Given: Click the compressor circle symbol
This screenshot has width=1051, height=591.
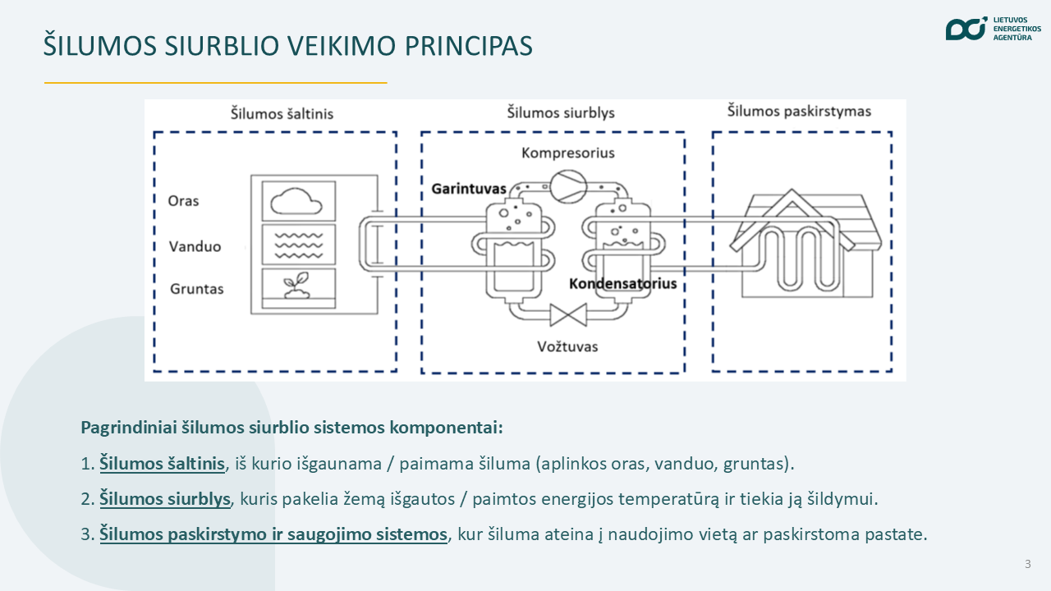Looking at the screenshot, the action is pos(568,186).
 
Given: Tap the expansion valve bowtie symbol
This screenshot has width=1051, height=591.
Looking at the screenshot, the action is pos(568,314).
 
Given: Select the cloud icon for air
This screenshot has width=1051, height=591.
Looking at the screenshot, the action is pos(296,201).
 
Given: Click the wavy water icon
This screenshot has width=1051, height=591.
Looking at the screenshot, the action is pos(298,245).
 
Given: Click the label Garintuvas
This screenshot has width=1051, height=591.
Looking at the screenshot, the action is pos(469,189).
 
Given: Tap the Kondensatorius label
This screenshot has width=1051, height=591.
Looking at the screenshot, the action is pos(622,283).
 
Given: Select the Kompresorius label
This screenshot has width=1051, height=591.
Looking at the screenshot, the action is pos(567,153).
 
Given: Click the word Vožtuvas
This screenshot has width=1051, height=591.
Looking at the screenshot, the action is pos(567,346).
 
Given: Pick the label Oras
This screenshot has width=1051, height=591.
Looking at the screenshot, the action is pos(183,201).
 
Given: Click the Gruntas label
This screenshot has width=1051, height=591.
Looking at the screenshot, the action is pos(196,288).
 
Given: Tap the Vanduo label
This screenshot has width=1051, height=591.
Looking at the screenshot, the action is pos(195,246).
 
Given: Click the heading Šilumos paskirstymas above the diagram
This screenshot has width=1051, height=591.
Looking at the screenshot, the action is pos(799,111).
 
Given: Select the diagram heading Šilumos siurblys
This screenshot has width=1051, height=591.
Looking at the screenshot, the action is pos(561,112).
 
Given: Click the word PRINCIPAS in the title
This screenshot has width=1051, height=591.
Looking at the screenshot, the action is pos(468,45).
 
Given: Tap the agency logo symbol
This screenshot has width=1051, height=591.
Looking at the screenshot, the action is pos(966,29).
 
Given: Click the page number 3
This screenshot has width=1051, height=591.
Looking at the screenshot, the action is pos(1027,564).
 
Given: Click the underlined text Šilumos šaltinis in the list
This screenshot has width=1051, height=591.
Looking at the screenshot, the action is pos(162,464).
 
